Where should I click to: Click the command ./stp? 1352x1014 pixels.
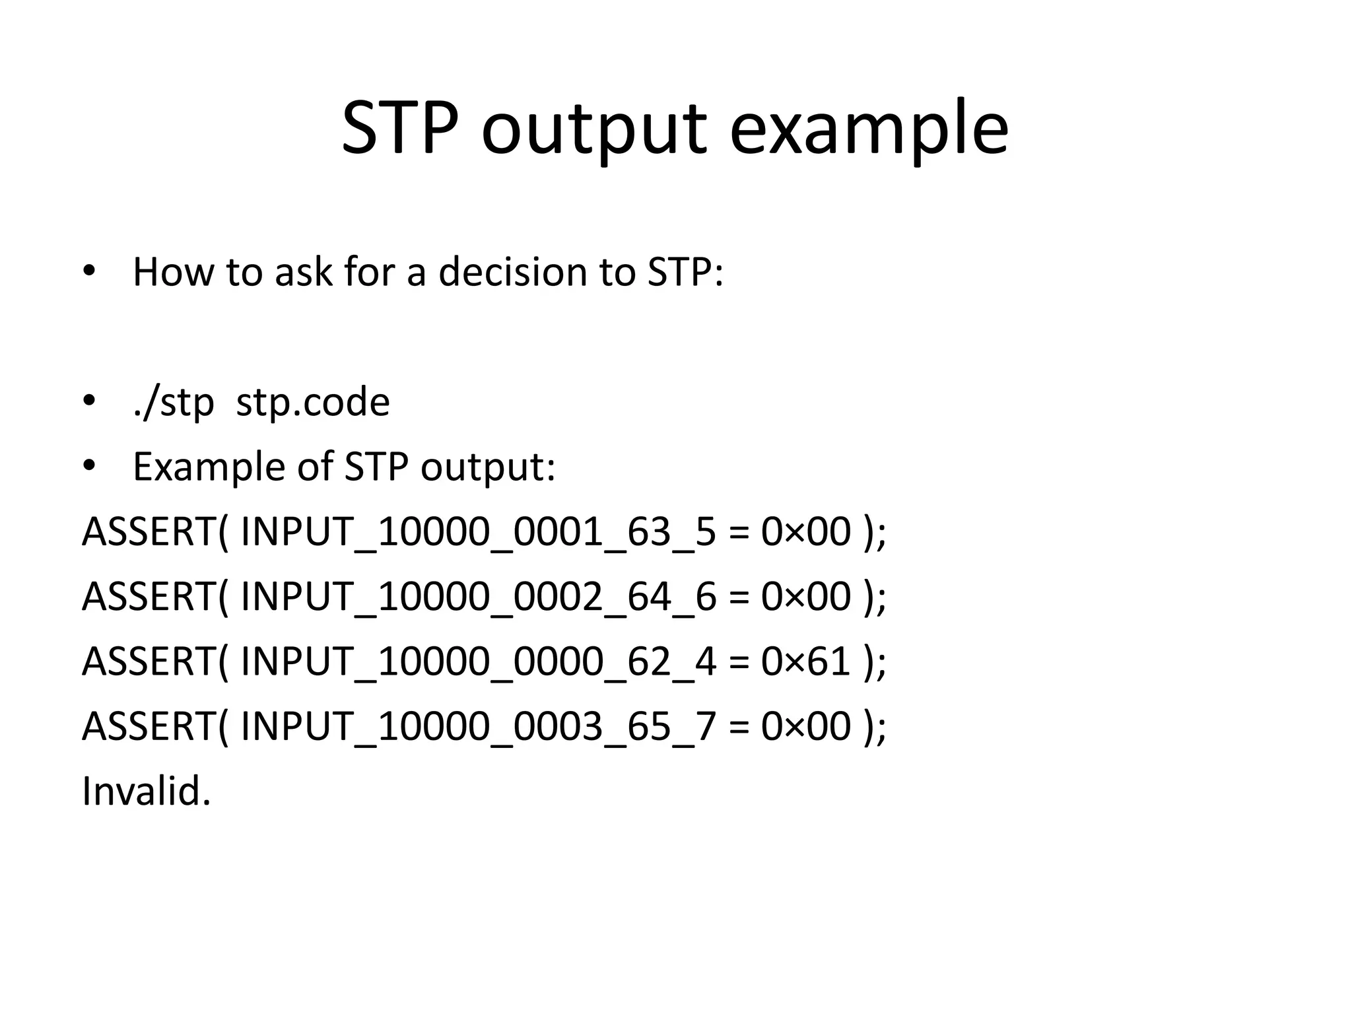[x=173, y=402]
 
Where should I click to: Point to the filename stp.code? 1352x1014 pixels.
[x=313, y=402]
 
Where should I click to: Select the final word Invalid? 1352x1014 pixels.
[x=146, y=791]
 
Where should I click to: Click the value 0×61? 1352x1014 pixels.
[x=805, y=661]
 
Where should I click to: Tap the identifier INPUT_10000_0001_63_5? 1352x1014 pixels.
[x=478, y=532]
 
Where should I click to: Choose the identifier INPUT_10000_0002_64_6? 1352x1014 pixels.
[x=478, y=597]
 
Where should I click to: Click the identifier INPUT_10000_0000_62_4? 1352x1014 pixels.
[x=478, y=661]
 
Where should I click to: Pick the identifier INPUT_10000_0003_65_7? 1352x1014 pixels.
[x=478, y=726]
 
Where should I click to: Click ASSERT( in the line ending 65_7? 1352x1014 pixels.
[x=155, y=726]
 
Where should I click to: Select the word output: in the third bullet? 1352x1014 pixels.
[x=488, y=467]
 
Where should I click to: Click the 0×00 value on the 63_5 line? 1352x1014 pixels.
[x=805, y=532]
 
